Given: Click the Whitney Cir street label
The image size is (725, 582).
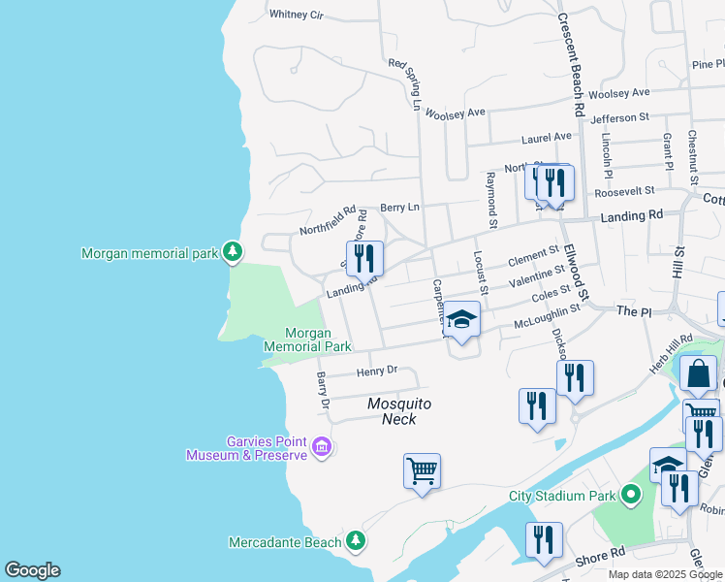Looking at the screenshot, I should click(x=296, y=15).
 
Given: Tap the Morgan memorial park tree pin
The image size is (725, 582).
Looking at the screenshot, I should click(x=232, y=252).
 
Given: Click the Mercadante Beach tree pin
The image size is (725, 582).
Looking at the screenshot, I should click(x=357, y=540).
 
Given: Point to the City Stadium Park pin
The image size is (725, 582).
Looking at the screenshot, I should click(x=632, y=496).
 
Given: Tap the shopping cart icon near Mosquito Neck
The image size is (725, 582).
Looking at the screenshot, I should click(x=422, y=471).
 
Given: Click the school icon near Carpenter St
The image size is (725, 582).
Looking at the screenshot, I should click(x=462, y=319).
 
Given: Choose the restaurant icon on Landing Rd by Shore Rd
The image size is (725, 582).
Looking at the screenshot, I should click(x=364, y=258).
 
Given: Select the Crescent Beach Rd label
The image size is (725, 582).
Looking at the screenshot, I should click(x=569, y=65).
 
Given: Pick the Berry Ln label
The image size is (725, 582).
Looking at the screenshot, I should click(x=399, y=207).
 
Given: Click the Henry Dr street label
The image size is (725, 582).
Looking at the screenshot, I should click(x=377, y=371).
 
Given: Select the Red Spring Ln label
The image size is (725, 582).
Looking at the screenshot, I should click(x=407, y=84).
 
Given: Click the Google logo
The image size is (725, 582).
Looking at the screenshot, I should click(x=32, y=570).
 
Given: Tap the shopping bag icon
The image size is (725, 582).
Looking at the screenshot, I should click(x=698, y=374).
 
